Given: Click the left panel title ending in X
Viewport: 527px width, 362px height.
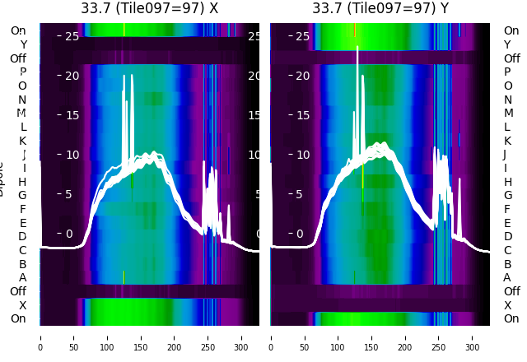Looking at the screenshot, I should tap(149, 8).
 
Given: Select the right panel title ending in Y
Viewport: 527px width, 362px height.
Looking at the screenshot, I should tap(380, 8).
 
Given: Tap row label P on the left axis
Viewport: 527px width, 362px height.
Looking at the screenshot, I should tap(22, 72).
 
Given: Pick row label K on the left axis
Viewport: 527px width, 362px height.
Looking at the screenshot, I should tap(22, 141).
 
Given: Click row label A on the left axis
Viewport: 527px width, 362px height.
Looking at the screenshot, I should tap(22, 277).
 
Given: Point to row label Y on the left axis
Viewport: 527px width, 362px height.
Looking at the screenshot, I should tap(23, 44).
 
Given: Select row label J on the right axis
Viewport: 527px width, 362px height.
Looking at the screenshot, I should tap(504, 154).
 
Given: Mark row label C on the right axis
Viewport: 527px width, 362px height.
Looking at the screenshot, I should tap(507, 250).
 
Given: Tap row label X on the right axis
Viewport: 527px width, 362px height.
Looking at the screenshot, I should tap(507, 304).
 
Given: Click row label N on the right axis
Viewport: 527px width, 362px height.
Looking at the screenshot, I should tap(508, 100).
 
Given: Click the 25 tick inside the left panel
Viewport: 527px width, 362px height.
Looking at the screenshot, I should tap(72, 36).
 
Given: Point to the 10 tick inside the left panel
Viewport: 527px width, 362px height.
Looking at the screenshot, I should tap(72, 155).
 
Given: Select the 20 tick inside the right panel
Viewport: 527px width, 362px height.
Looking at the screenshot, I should tap(302, 76).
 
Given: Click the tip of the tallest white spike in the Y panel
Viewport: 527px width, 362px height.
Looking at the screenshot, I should tap(357, 47).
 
